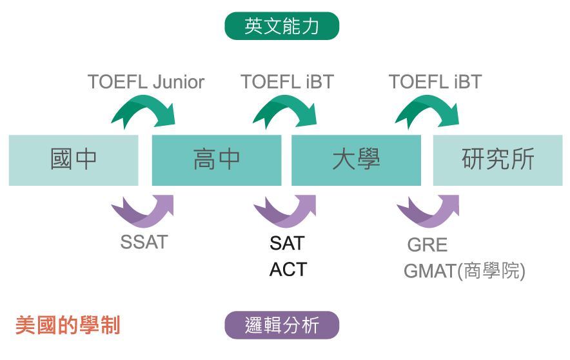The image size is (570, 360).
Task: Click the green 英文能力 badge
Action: click(282, 26)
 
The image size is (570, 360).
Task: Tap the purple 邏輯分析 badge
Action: click(282, 325)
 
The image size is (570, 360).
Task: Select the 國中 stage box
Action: click(74, 161)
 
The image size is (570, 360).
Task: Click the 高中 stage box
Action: click(217, 161)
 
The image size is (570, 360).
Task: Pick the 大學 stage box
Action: click(356, 161)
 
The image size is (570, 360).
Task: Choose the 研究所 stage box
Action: click(498, 161)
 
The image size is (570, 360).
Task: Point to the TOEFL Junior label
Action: click(146, 82)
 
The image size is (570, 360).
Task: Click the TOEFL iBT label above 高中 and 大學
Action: click(287, 82)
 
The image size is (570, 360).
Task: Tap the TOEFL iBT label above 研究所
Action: click(435, 82)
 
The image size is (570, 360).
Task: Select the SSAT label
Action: click(144, 242)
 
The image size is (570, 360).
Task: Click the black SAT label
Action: click(287, 243)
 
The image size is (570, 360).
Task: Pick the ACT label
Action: click(288, 270)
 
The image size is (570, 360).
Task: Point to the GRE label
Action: click(427, 245)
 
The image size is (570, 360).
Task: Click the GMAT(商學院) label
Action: click(465, 271)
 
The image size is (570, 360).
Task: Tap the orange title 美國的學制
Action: click(68, 325)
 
